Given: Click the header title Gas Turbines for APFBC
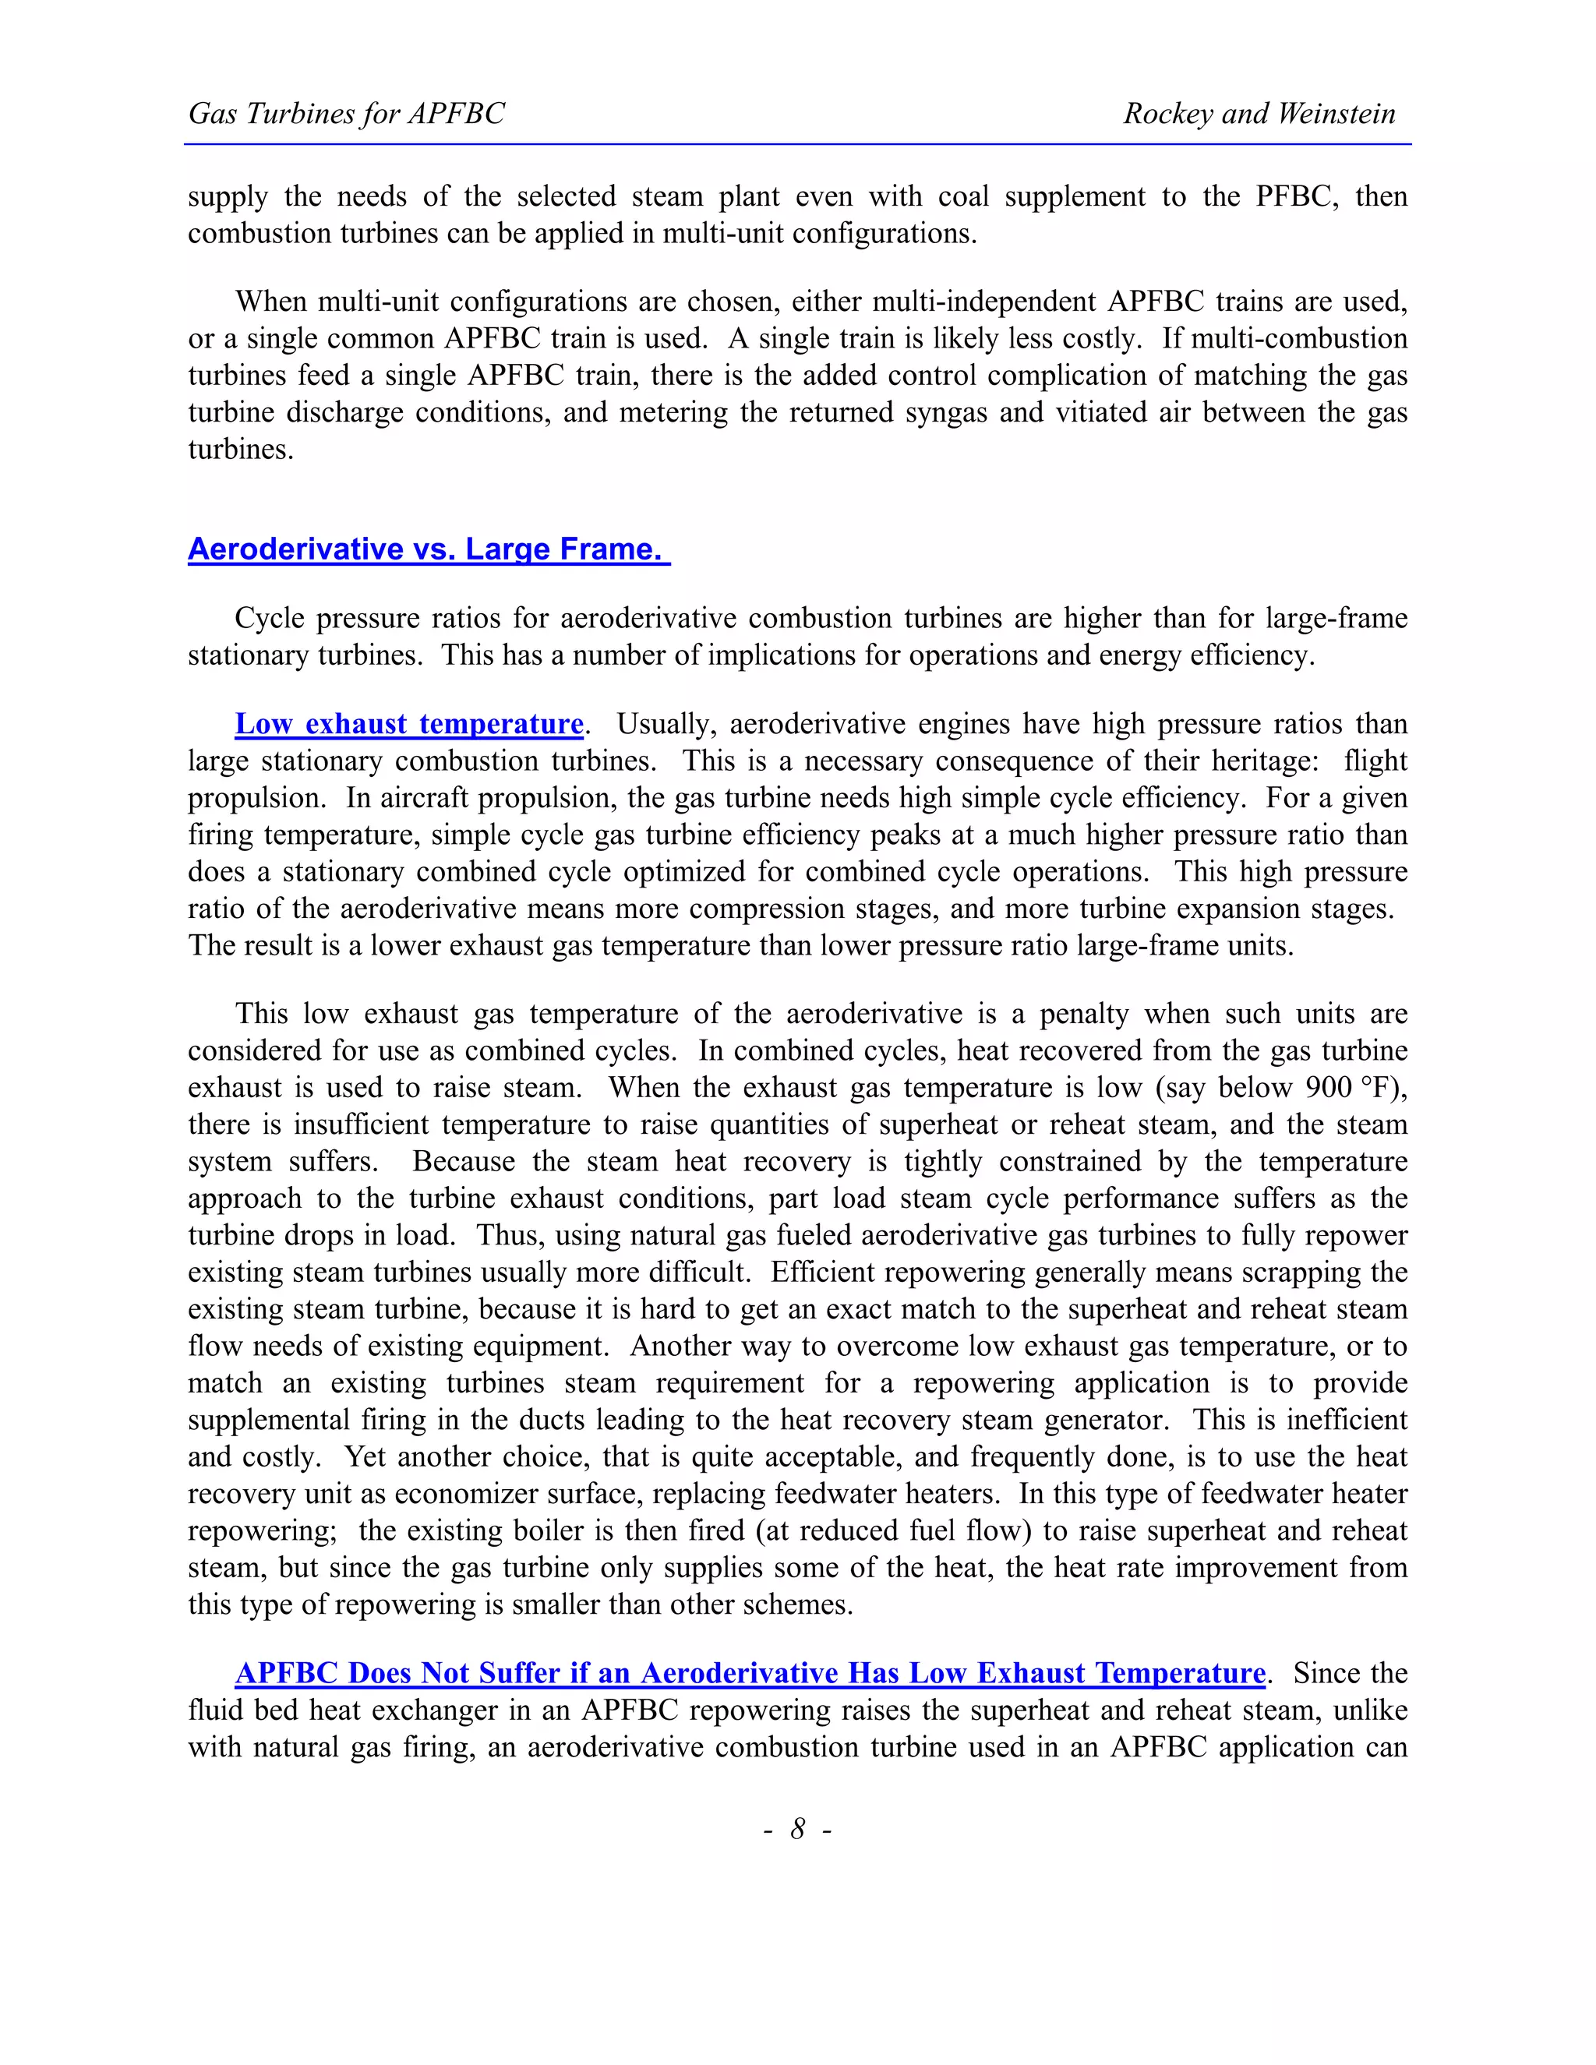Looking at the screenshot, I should coord(346,115).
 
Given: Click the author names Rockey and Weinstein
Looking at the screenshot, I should coord(1259,115).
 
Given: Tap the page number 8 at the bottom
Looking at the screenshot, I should coord(798,1829).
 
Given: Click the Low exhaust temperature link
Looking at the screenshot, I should coord(408,724).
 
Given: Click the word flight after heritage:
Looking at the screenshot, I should coord(1375,761).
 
